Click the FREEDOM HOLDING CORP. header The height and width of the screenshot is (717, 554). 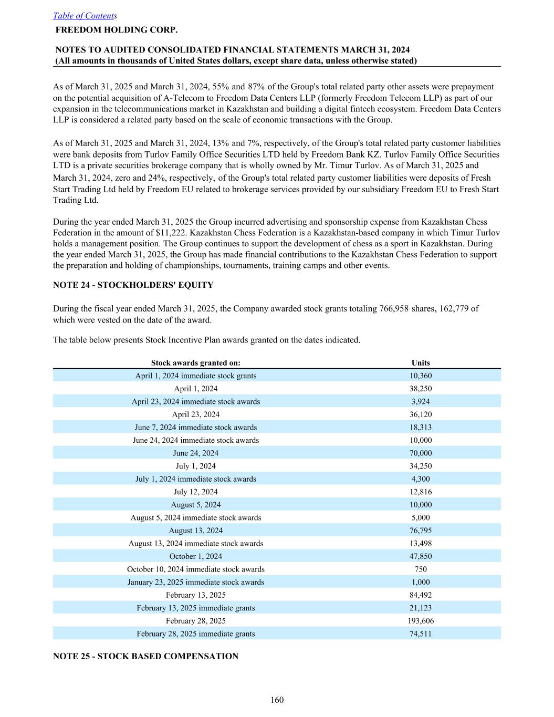116,30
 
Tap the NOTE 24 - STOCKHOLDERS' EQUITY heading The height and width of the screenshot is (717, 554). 133,285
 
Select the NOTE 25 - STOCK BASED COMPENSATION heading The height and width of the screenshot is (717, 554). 145,656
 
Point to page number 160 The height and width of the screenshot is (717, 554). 277,700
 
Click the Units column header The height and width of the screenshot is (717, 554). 421,362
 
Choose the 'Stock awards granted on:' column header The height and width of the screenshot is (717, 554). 195,362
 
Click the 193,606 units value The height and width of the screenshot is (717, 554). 421,621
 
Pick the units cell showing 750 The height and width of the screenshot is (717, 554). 421,569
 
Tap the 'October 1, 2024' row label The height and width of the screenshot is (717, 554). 195,556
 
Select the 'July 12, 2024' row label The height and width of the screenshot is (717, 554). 195,492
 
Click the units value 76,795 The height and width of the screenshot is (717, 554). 421,531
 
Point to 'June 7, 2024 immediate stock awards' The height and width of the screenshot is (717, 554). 195,428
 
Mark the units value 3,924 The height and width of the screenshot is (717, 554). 421,402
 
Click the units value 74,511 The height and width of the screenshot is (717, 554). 421,634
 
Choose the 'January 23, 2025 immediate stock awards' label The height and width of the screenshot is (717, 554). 195,582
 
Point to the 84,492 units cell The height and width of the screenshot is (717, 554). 421,595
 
